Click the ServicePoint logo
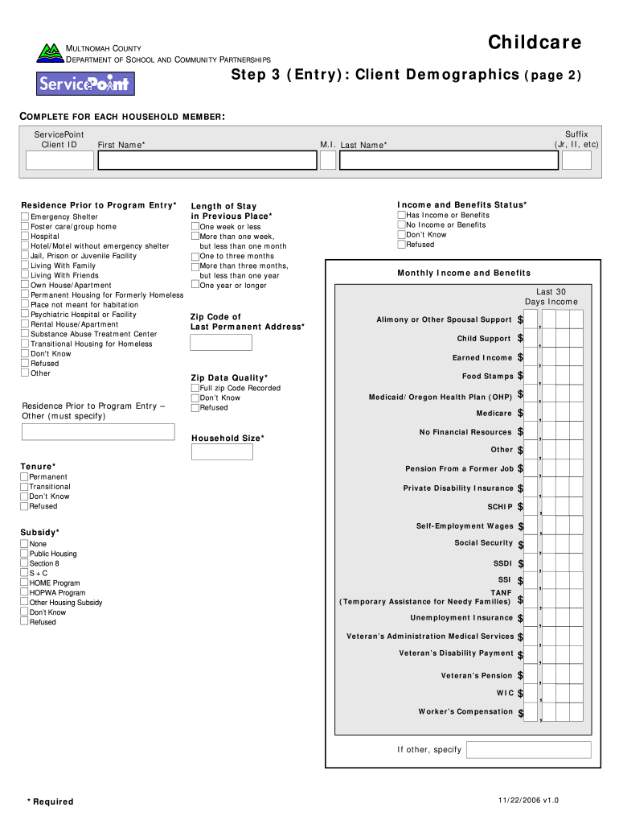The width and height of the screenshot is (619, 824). point(85,84)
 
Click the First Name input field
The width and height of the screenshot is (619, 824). point(207,160)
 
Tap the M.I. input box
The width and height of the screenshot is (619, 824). point(328,160)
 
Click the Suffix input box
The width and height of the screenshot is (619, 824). point(576,160)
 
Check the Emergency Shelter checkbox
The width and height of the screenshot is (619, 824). point(25,217)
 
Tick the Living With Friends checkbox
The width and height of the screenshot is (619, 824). point(25,275)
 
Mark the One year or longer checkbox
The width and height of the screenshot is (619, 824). point(195,285)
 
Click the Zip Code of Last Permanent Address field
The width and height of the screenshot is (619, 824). point(221,343)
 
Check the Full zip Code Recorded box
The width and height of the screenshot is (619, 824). point(195,388)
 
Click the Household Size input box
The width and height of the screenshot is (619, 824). point(221,451)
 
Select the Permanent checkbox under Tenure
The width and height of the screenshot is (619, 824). point(24,477)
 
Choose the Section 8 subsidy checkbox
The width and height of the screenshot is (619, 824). point(24,563)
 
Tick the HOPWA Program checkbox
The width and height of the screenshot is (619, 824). point(24,593)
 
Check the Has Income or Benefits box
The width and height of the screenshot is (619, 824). point(401,216)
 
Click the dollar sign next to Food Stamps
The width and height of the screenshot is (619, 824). point(521,377)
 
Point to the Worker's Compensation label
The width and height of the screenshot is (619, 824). point(465,711)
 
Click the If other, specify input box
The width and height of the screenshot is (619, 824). point(528,750)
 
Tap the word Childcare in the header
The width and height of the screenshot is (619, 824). point(535,43)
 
